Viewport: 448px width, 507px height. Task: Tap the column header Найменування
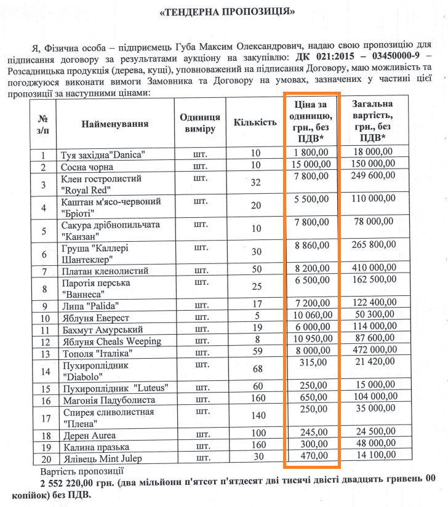point(115,124)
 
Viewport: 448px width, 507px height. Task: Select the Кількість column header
point(255,122)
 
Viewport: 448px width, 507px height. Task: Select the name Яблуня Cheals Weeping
point(111,341)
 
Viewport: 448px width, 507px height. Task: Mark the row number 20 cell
point(43,457)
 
